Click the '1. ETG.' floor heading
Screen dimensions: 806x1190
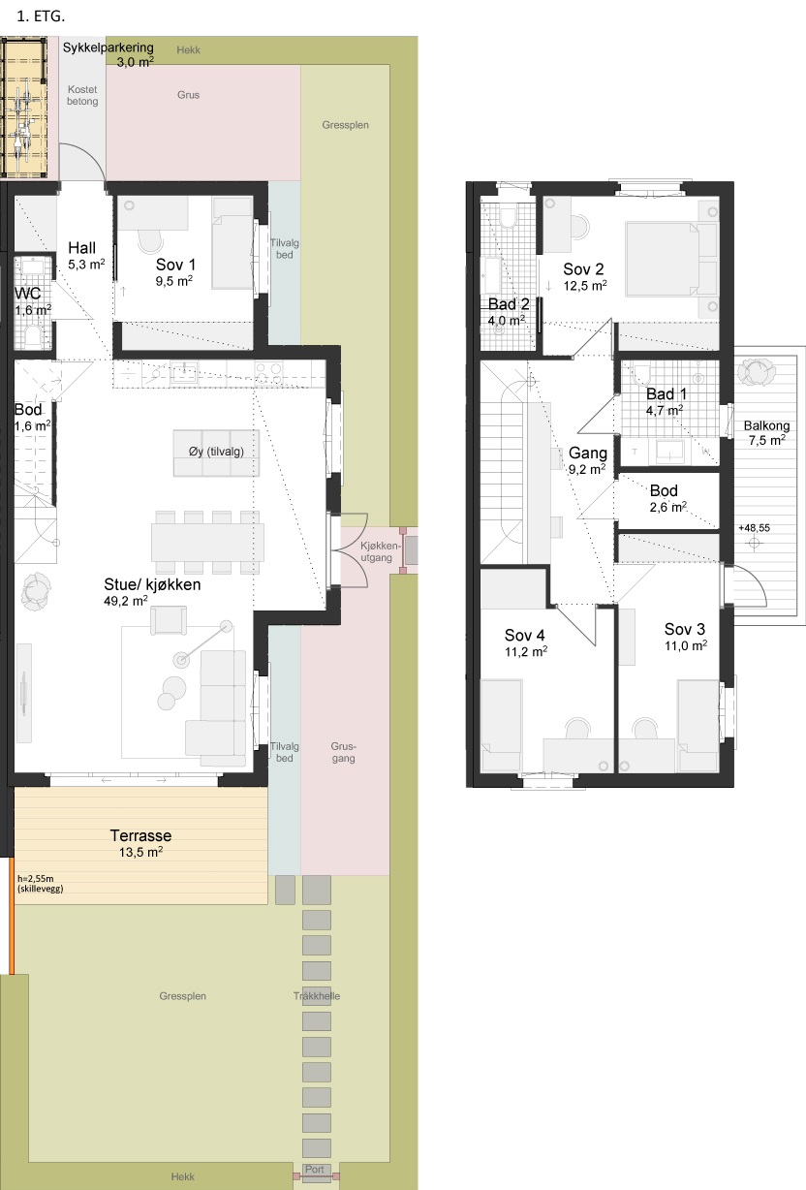[41, 16]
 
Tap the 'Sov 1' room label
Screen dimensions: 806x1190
[175, 265]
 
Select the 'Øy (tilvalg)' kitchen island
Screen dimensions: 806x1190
[216, 453]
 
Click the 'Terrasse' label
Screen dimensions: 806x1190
[140, 835]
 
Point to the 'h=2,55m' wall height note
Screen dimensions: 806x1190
[36, 879]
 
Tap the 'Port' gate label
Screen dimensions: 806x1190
[314, 1169]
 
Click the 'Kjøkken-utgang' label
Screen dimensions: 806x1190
[379, 551]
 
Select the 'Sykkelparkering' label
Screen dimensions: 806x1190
[108, 47]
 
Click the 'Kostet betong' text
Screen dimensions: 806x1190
[82, 95]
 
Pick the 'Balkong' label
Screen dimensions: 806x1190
[766, 425]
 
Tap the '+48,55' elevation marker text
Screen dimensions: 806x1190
[754, 528]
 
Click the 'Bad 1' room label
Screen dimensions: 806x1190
[666, 394]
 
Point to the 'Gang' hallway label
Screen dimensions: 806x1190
[588, 453]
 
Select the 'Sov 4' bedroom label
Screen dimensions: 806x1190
[525, 635]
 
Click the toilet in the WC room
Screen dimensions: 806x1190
[33, 337]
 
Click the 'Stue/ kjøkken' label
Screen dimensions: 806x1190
[152, 584]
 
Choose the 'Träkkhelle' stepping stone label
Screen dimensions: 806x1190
[317, 996]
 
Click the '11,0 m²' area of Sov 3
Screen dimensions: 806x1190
[686, 645]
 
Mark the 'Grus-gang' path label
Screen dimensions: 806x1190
[344, 752]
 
